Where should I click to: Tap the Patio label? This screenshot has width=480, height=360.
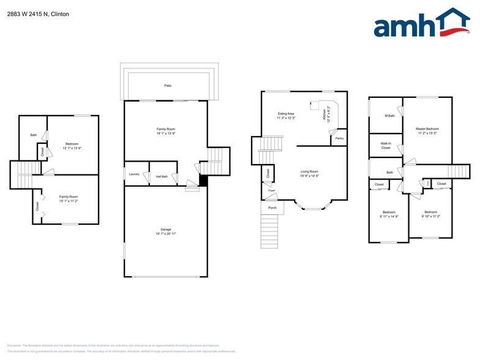[167, 86]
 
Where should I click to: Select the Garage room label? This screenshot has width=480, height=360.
[166, 229]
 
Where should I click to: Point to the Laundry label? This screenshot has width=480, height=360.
[134, 174]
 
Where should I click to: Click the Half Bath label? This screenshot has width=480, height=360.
[162, 176]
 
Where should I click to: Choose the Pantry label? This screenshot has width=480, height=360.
[339, 139]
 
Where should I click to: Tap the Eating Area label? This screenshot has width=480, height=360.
[287, 113]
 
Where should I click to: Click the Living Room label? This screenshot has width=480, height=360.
[309, 171]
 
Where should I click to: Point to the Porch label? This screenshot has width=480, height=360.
[272, 208]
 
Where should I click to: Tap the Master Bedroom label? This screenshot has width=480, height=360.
[427, 129]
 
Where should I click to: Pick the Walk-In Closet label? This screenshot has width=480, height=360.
[386, 146]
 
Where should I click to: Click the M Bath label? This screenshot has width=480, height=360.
[389, 116]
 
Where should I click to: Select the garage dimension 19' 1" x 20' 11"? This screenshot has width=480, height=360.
[166, 234]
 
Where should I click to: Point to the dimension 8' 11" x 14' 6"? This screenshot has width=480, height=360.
[389, 216]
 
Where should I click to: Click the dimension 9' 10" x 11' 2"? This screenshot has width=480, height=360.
[430, 216]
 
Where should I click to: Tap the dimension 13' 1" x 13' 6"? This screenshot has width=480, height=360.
[72, 148]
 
